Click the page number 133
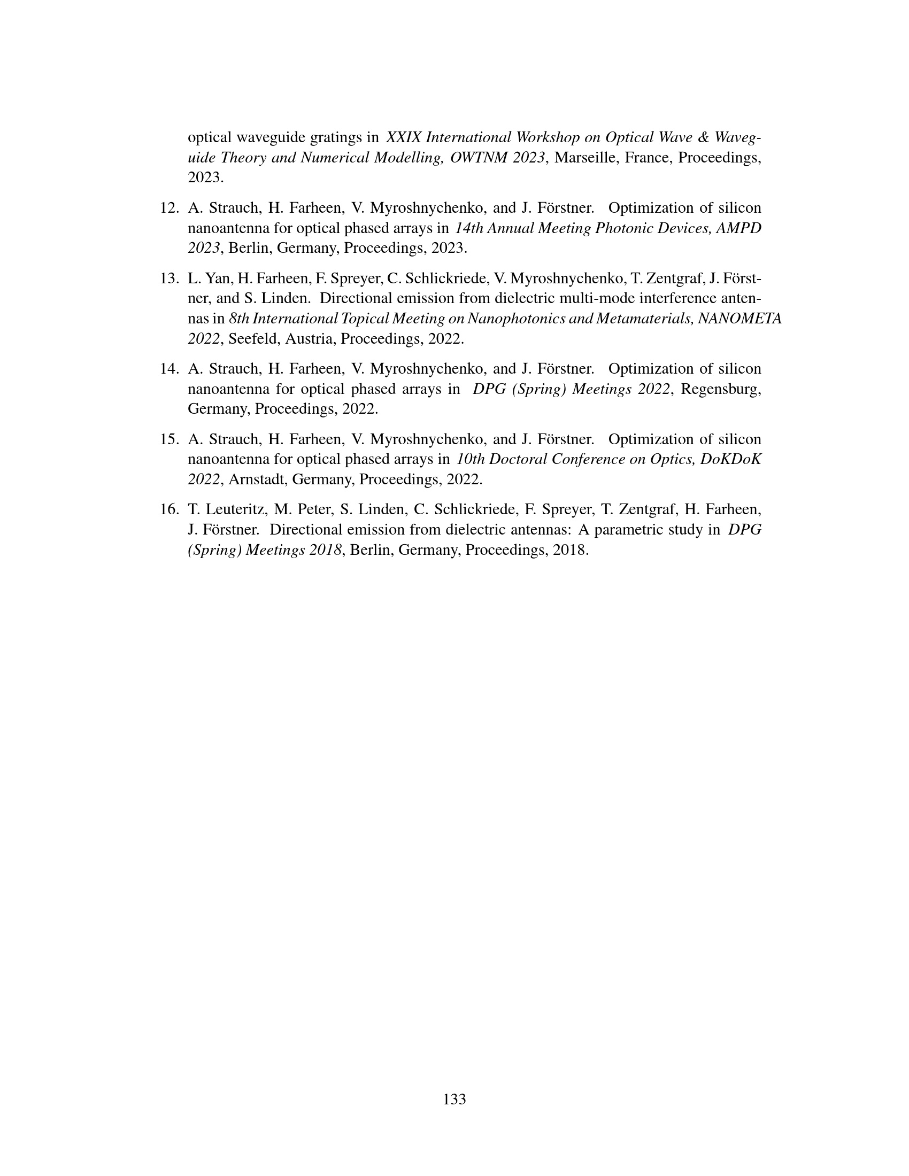coord(454,1099)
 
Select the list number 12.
coord(169,208)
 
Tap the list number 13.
coord(169,278)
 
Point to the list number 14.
coord(169,369)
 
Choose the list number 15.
coord(169,439)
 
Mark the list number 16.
coord(169,509)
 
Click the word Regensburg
coord(721,389)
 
